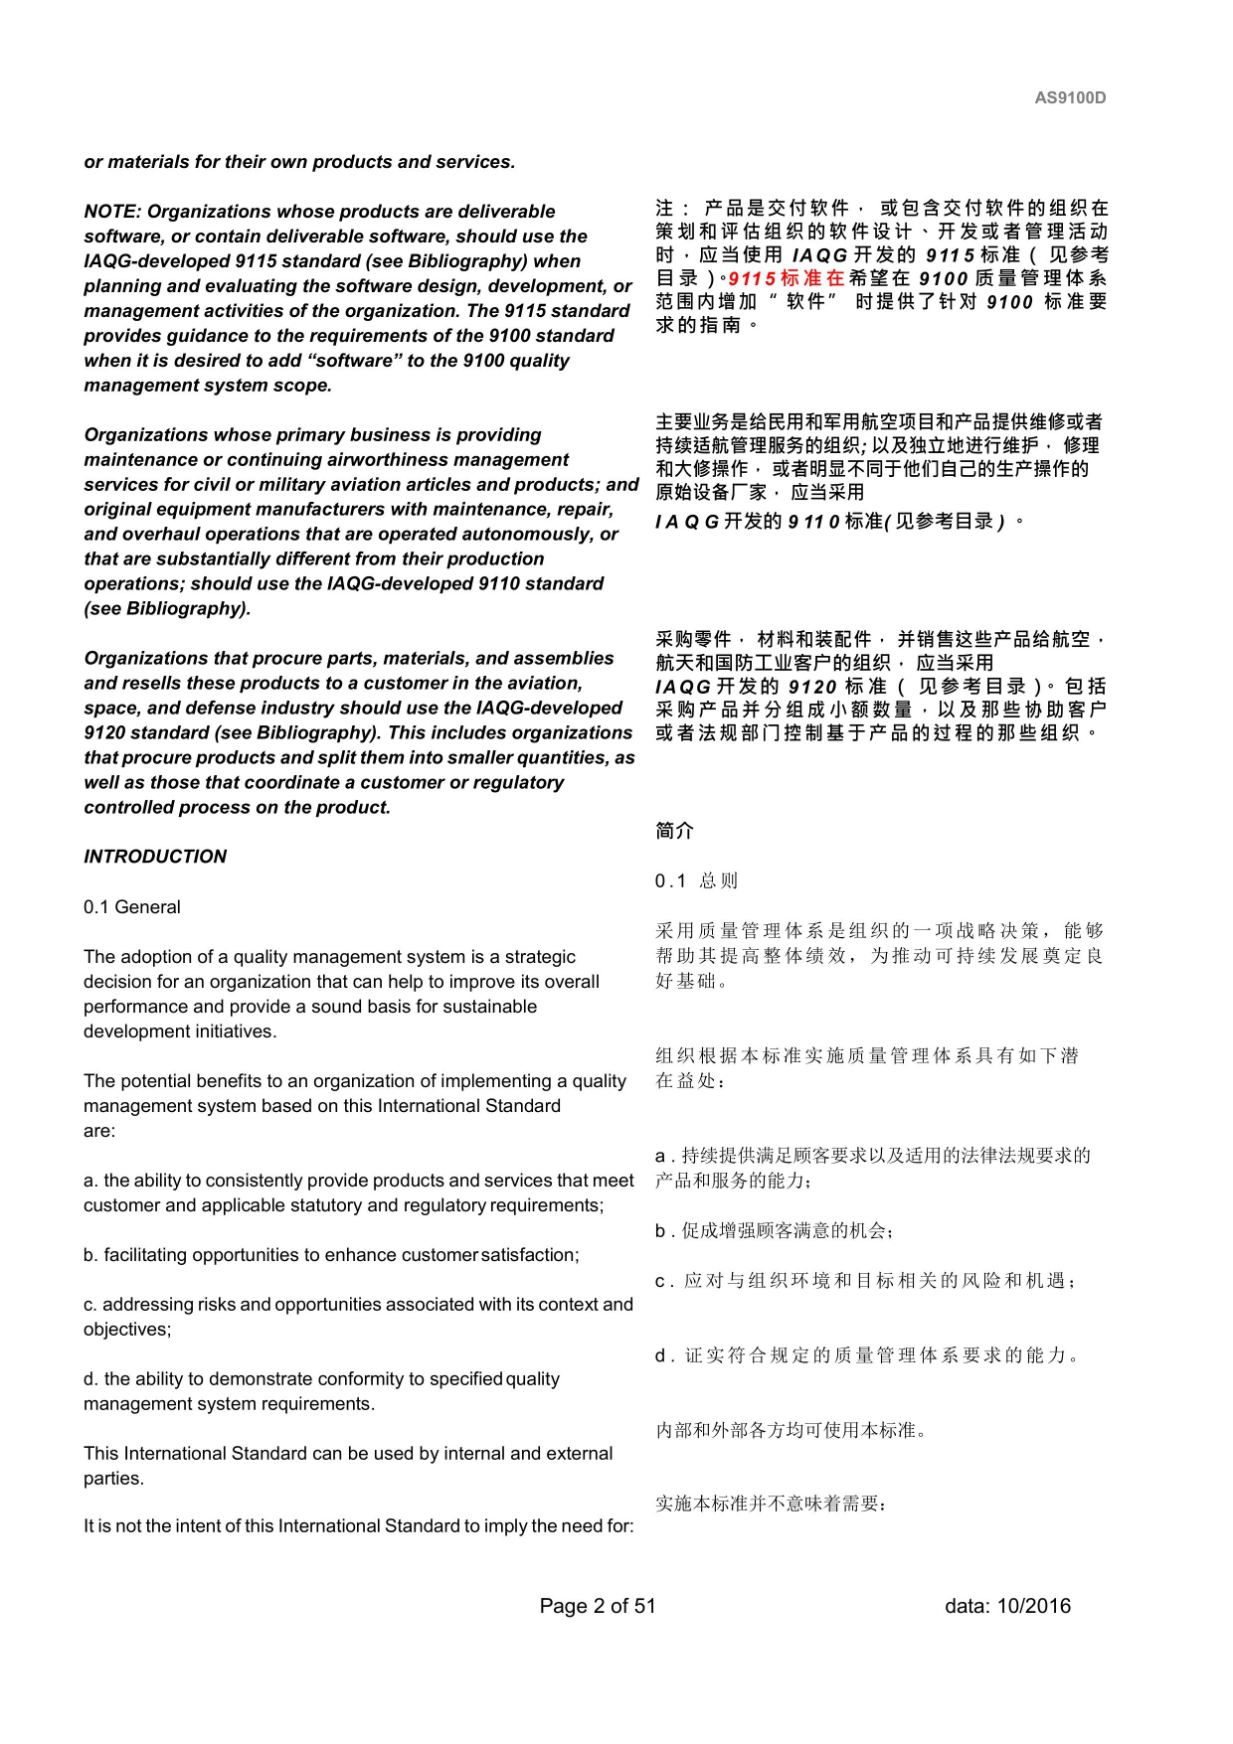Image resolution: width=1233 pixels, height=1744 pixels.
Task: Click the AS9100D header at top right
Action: coord(1070,97)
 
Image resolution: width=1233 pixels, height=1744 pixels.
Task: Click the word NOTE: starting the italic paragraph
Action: coord(113,212)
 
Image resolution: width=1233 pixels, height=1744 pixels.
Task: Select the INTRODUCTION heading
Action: coord(155,857)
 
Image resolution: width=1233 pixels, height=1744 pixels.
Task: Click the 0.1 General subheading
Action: coord(132,907)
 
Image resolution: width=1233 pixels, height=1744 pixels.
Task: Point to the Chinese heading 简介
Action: coord(674,831)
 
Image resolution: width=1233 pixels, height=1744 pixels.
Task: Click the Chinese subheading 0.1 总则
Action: coord(696,880)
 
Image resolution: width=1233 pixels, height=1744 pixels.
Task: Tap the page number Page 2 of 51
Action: coord(598,1606)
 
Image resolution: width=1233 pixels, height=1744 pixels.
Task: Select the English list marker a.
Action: coord(90,1181)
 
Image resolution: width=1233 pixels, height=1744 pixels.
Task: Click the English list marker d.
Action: coord(90,1379)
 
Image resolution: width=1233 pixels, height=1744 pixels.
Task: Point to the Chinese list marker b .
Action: coord(661,1231)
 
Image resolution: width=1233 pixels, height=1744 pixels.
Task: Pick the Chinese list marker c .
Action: coord(661,1281)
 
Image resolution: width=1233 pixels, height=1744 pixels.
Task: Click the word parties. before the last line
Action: coord(113,1479)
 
